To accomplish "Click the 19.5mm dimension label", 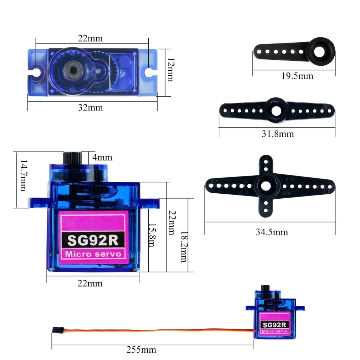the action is (x=297, y=76).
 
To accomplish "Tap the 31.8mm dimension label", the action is (x=278, y=134).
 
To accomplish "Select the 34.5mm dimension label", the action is (x=272, y=232).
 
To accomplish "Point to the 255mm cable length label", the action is (x=141, y=350).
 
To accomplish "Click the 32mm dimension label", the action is (x=90, y=108).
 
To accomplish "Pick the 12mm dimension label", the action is (x=171, y=70).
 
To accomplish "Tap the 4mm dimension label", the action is (x=102, y=157).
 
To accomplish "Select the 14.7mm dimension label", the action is (x=23, y=176).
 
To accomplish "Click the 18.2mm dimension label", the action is (x=184, y=247).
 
